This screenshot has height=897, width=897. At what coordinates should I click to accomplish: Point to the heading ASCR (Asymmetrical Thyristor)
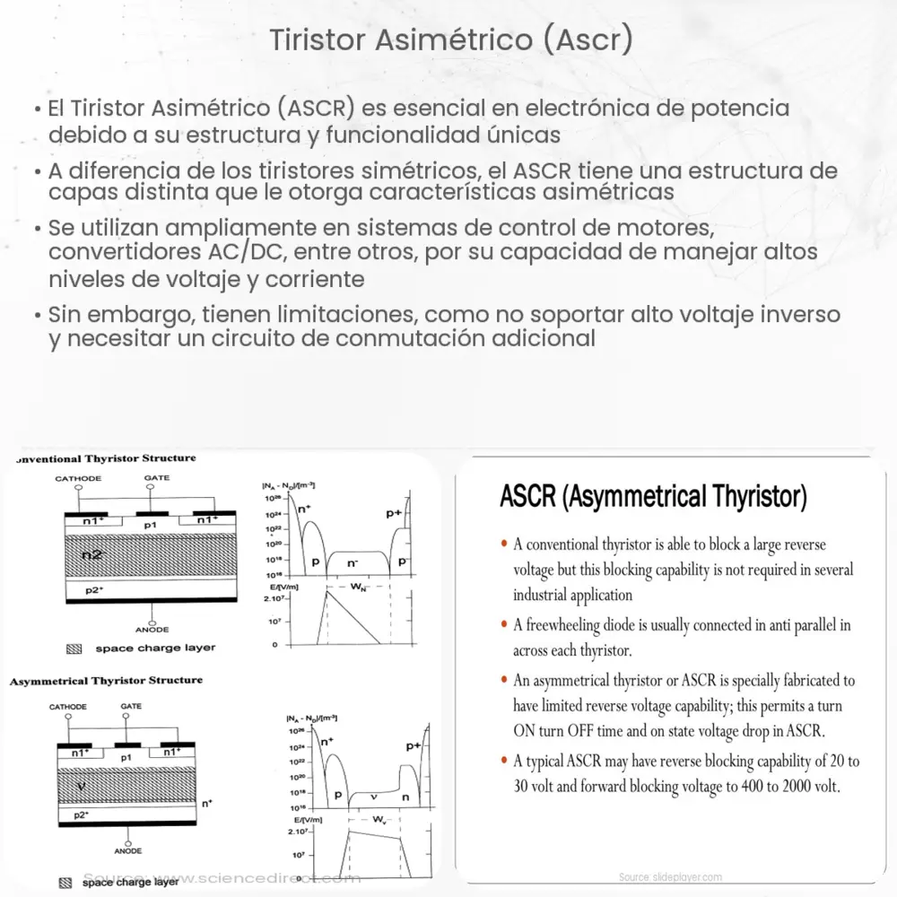(653, 496)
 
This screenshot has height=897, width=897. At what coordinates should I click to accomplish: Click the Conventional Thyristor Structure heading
(106, 458)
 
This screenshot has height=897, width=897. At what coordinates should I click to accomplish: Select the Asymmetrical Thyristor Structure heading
(106, 681)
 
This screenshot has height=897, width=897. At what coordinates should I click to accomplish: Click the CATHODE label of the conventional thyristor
(79, 479)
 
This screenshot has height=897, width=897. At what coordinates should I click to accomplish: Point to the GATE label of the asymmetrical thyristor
(131, 706)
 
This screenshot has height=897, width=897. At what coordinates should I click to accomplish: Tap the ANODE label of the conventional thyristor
(152, 630)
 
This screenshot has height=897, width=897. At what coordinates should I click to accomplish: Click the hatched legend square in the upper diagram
(74, 648)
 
